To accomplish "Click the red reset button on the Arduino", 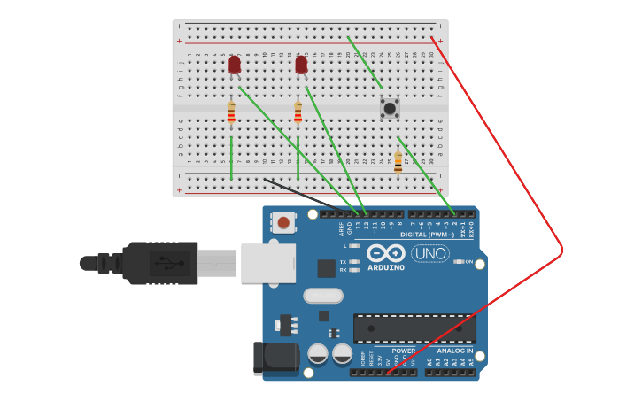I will click(283, 222).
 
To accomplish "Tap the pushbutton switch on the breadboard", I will click(390, 108).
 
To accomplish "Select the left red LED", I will click(234, 65).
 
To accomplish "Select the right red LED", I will click(301, 65).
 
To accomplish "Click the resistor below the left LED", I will click(231, 112).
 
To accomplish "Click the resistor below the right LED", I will click(298, 112).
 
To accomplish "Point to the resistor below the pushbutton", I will click(398, 161).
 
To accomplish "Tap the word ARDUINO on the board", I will click(386, 267).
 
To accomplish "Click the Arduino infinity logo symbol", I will click(386, 253).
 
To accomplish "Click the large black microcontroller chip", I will click(414, 328).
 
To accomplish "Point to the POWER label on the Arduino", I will click(403, 351).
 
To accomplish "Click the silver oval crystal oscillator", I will click(322, 296).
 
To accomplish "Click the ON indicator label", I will click(468, 262).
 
